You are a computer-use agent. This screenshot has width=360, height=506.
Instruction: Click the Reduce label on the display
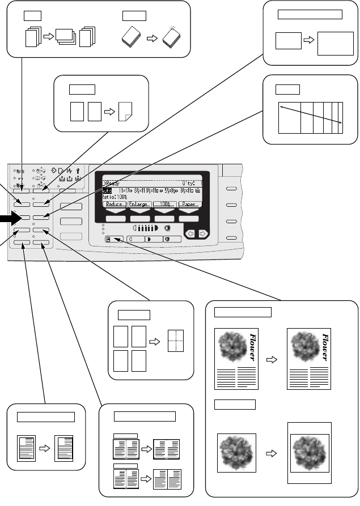point(115,203)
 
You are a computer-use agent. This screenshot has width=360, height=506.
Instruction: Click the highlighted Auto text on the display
point(107,191)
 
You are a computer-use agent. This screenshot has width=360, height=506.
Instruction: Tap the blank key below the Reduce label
point(115,218)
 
